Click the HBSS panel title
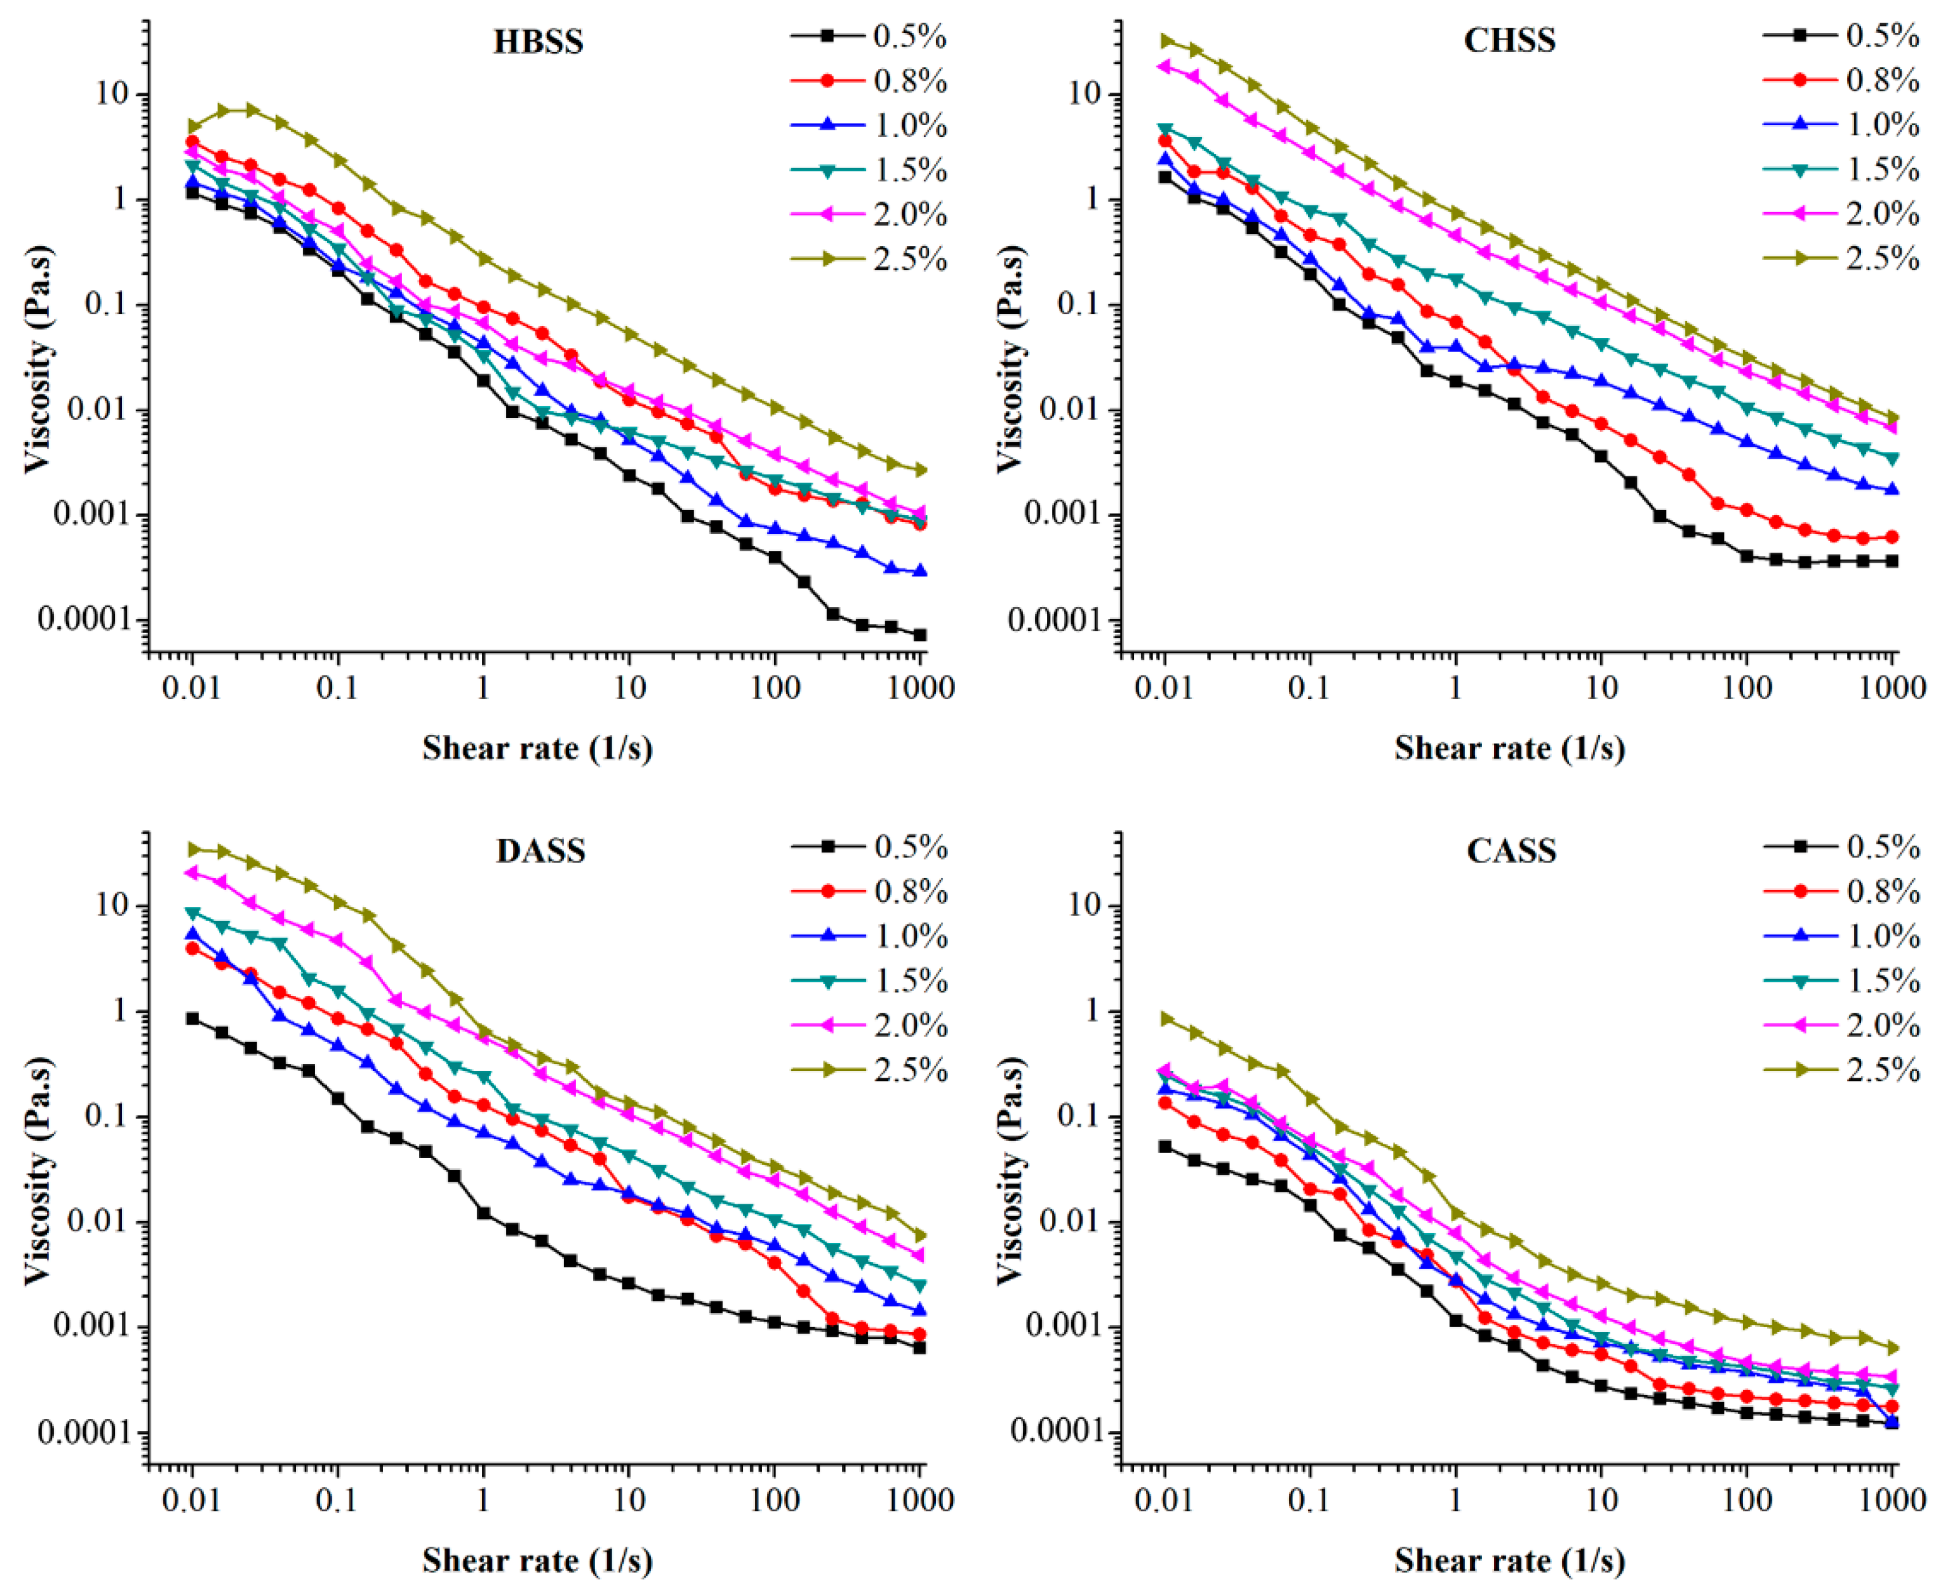point(538,41)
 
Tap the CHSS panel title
point(1510,41)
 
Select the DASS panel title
point(540,851)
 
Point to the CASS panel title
point(1511,851)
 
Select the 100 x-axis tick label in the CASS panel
point(1746,1499)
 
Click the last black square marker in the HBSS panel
point(920,635)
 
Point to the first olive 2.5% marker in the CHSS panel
point(1165,41)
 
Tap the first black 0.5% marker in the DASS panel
point(193,1018)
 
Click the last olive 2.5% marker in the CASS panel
point(1892,1348)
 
